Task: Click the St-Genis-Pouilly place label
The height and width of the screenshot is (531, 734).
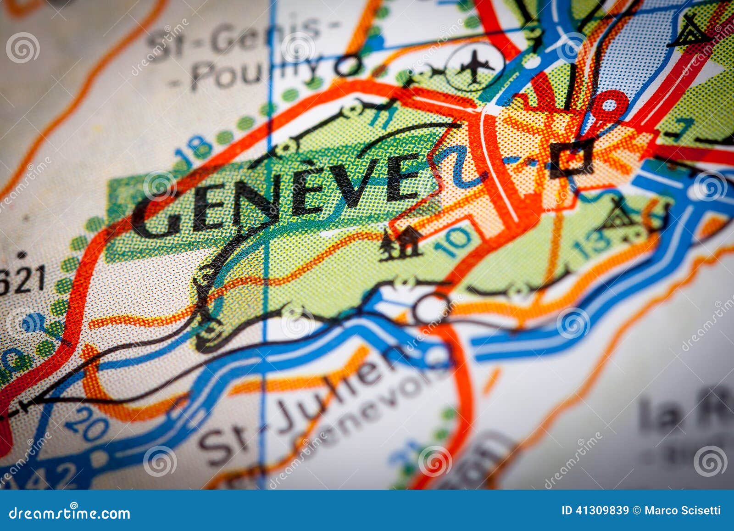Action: (x=243, y=50)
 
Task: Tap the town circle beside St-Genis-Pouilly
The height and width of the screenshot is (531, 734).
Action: (x=348, y=66)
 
